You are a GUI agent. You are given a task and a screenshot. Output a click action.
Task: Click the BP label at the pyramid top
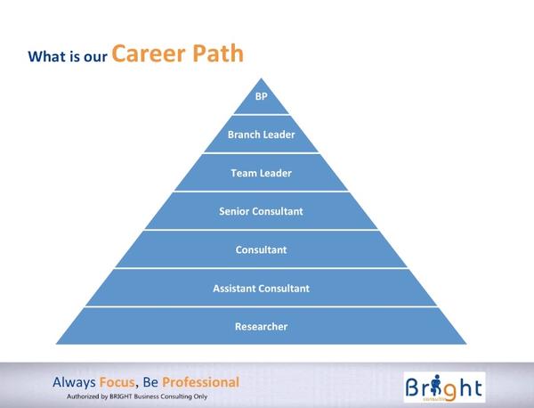point(261,96)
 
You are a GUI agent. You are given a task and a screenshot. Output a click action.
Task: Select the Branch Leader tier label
point(261,135)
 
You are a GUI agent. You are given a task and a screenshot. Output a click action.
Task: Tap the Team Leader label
point(261,173)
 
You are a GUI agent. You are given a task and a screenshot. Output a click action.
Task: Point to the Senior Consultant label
point(261,211)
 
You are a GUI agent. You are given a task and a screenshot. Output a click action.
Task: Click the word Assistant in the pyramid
point(233,289)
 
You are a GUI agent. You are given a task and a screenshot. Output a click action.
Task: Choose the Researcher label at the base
point(261,327)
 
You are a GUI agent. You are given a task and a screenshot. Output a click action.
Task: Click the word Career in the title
point(149,53)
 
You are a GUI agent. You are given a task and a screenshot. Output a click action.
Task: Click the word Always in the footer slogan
point(74,382)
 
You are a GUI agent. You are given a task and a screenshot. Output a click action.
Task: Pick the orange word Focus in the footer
point(117,382)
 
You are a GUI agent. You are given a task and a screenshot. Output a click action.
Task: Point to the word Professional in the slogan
point(200,382)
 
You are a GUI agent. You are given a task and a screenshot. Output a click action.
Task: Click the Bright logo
point(444,388)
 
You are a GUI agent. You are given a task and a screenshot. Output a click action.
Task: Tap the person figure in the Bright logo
point(436,385)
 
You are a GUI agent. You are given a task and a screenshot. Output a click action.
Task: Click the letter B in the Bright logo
point(412,388)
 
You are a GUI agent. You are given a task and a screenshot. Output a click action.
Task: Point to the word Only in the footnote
point(200,396)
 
